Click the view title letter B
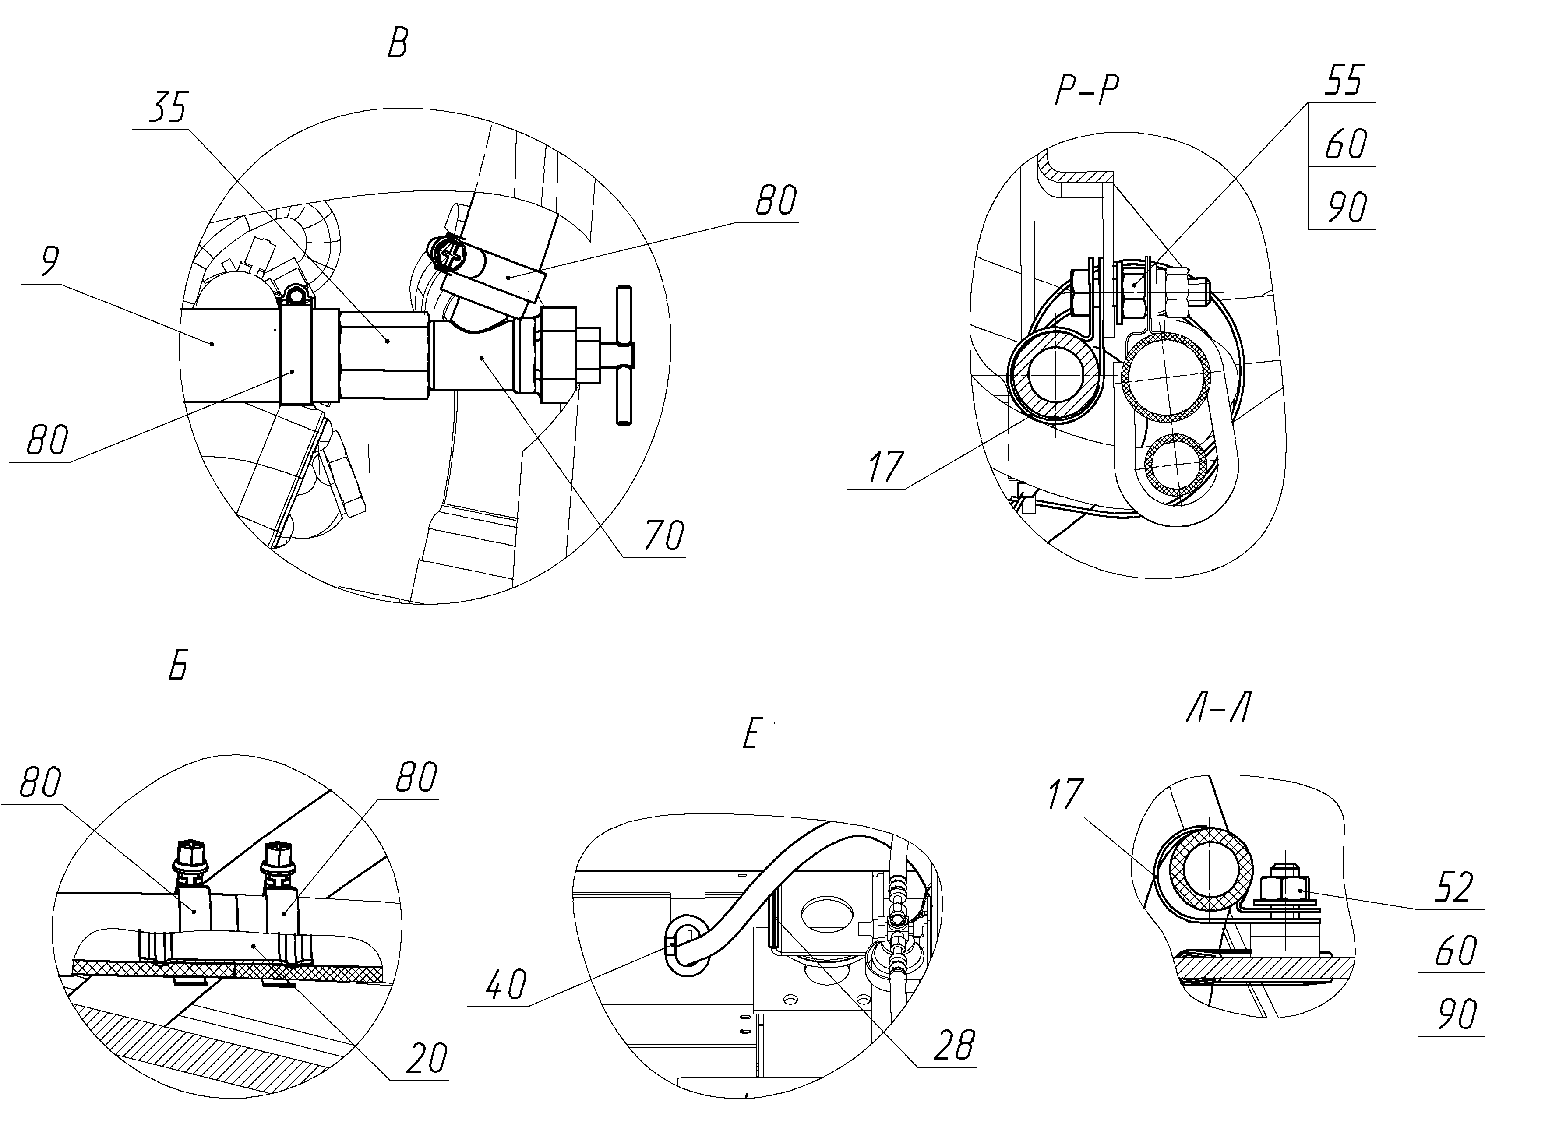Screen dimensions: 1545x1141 click(x=397, y=44)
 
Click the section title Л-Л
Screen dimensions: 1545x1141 click(x=1220, y=707)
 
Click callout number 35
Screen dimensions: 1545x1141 click(x=168, y=108)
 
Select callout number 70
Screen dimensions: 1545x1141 click(x=664, y=535)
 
